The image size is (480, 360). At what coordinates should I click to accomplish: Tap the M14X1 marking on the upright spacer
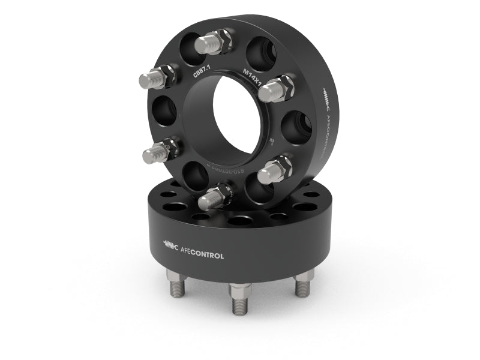(x=253, y=76)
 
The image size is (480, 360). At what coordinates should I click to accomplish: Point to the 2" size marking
(x=271, y=142)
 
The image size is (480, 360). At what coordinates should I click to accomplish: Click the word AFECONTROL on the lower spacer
(x=202, y=256)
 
